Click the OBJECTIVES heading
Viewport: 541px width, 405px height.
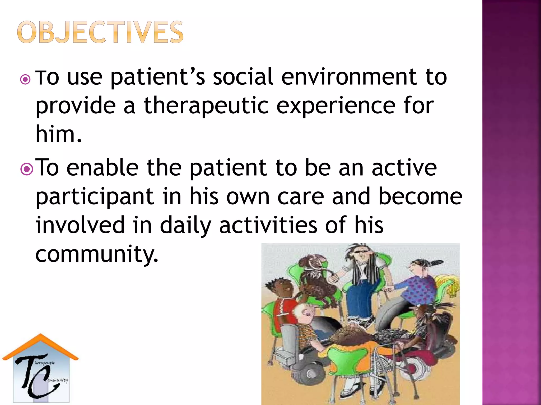coord(100,32)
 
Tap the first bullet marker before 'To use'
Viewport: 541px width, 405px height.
coord(26,79)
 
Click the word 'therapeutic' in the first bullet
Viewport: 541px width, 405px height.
coord(206,106)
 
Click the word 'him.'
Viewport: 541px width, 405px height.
coord(59,134)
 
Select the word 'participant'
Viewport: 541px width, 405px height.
coord(95,197)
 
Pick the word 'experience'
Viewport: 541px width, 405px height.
coord(335,106)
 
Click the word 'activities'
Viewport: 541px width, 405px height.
coord(268,225)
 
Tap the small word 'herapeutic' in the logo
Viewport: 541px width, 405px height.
coord(45,363)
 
